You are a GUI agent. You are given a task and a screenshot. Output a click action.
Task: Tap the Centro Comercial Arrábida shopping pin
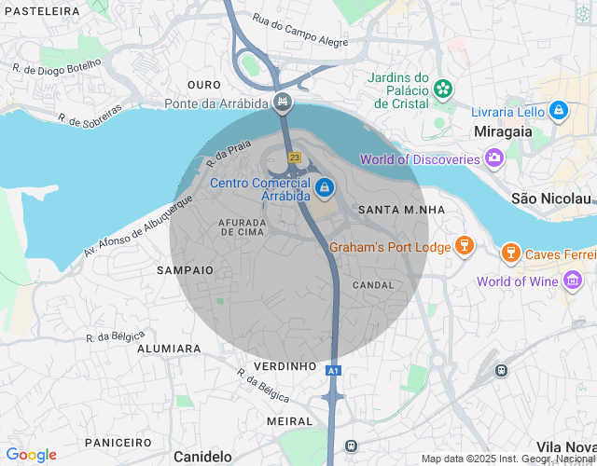click(324, 188)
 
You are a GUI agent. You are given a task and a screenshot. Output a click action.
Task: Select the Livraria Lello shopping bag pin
click(559, 111)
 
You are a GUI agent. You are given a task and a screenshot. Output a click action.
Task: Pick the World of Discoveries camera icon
click(493, 159)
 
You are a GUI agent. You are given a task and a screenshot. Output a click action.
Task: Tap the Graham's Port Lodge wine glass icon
click(464, 246)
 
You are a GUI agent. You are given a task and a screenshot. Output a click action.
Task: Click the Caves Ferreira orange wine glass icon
click(510, 253)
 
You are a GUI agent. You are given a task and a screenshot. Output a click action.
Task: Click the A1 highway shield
click(333, 371)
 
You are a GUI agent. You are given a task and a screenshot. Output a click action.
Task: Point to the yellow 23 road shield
click(295, 158)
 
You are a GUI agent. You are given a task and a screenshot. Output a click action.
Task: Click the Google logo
click(32, 455)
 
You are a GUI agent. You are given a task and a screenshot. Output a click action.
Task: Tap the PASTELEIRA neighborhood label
click(40, 10)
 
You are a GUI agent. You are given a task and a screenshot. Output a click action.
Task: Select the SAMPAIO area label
click(186, 269)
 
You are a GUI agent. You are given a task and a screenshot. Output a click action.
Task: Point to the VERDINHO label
click(285, 366)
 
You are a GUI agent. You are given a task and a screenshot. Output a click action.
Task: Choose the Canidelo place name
click(202, 457)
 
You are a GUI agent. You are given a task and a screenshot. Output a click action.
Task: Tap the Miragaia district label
click(503, 131)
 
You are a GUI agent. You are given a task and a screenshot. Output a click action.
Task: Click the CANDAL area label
click(374, 284)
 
